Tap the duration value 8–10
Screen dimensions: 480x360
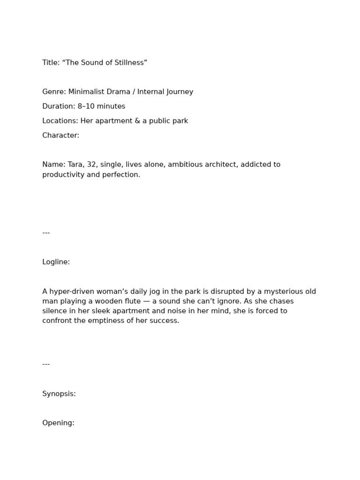point(86,106)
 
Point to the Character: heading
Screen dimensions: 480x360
point(60,135)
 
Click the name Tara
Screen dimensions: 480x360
point(75,165)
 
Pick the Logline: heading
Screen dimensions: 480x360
point(56,262)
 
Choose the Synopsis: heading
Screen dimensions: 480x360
point(59,394)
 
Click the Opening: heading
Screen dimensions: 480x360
point(58,423)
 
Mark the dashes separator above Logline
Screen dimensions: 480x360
point(46,232)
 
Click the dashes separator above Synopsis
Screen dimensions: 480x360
point(46,364)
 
